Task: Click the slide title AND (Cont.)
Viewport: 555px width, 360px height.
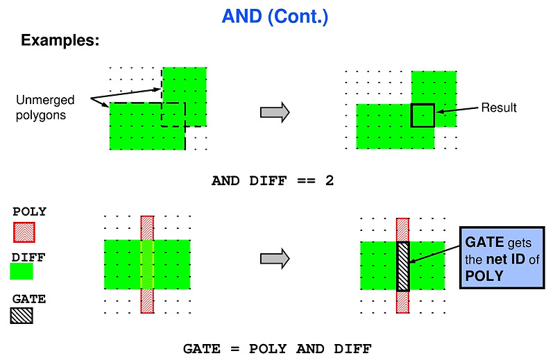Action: tap(275, 17)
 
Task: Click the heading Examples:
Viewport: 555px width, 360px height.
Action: tap(61, 40)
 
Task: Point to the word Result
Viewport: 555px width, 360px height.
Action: tap(499, 108)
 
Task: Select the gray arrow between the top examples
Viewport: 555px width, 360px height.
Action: tap(274, 113)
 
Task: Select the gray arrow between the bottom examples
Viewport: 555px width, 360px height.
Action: tap(274, 258)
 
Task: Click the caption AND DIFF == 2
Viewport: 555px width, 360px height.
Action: tap(273, 181)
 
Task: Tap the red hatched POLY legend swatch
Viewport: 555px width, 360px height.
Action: tap(24, 232)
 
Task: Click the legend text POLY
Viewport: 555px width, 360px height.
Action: tap(29, 212)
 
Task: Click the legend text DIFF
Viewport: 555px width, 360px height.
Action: tap(29, 256)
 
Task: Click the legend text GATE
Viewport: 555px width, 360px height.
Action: tap(29, 299)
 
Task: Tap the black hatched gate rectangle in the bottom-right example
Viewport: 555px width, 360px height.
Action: tap(403, 266)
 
